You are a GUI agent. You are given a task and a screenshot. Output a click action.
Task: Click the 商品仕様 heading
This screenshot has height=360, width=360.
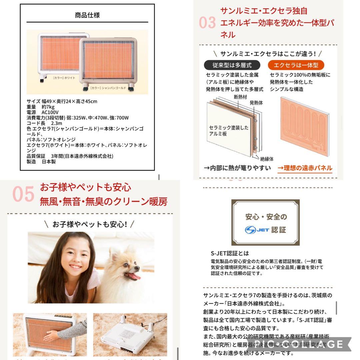pos(87,15)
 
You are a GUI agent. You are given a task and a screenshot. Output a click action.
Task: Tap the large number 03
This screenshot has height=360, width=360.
pos(207,23)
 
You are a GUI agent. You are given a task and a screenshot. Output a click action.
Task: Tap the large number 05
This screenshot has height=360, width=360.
pos(23,194)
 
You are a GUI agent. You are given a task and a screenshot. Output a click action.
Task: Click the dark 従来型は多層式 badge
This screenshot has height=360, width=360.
pos(232,65)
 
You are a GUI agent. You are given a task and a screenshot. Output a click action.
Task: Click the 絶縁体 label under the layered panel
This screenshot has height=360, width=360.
pos(267,159)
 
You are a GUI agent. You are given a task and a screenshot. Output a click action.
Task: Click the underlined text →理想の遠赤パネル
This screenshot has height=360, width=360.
pos(305,168)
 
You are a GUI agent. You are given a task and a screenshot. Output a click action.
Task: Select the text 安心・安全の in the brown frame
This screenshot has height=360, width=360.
pos(266,217)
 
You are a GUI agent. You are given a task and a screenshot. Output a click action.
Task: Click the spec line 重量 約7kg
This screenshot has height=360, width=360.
pos(41,107)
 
